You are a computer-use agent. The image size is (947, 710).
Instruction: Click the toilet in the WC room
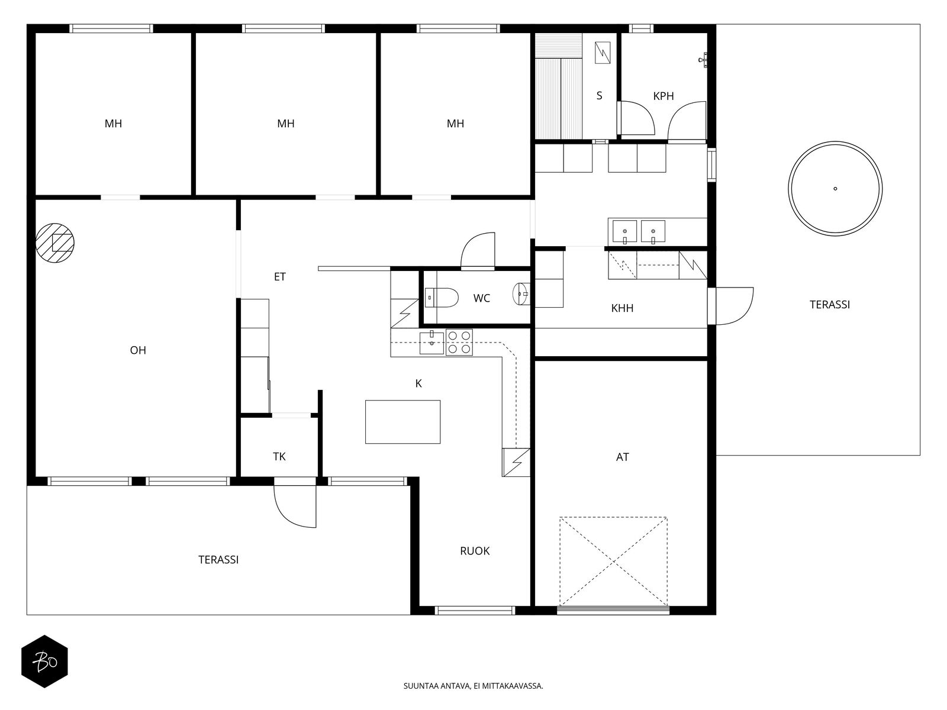coord(442,298)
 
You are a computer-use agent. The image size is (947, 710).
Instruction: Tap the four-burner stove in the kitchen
coord(459,343)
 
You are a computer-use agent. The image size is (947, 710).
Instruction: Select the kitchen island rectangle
coord(402,422)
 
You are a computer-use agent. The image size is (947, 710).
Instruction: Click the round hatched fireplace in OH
coord(55,243)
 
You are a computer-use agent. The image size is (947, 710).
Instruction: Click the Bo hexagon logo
coord(45,661)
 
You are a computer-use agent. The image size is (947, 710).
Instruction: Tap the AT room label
coord(622,457)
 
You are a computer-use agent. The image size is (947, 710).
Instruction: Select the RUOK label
coord(475,551)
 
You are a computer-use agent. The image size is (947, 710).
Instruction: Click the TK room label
coord(279,457)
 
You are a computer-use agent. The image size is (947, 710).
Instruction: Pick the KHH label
coord(622,308)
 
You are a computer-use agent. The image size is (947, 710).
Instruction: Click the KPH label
coord(663,96)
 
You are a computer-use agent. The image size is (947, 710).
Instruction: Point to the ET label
coord(279,277)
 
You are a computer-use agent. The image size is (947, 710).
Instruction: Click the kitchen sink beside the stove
coord(431,343)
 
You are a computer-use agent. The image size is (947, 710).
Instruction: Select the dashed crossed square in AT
coord(613,561)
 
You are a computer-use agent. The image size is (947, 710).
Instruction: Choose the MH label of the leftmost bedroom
coord(113,124)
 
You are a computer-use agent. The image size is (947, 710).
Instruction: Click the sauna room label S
coord(599,96)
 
